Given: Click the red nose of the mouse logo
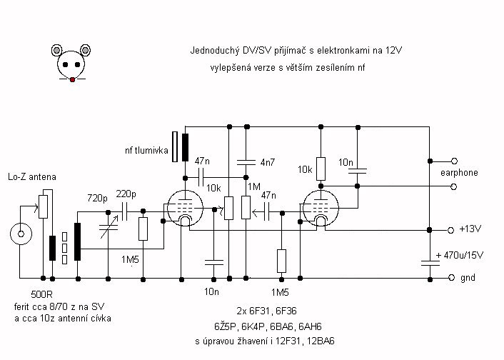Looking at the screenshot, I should [71, 79].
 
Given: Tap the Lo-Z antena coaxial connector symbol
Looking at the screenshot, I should [21, 234].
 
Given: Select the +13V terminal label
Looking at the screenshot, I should [469, 230].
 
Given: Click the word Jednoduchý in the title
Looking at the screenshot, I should [213, 51].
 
